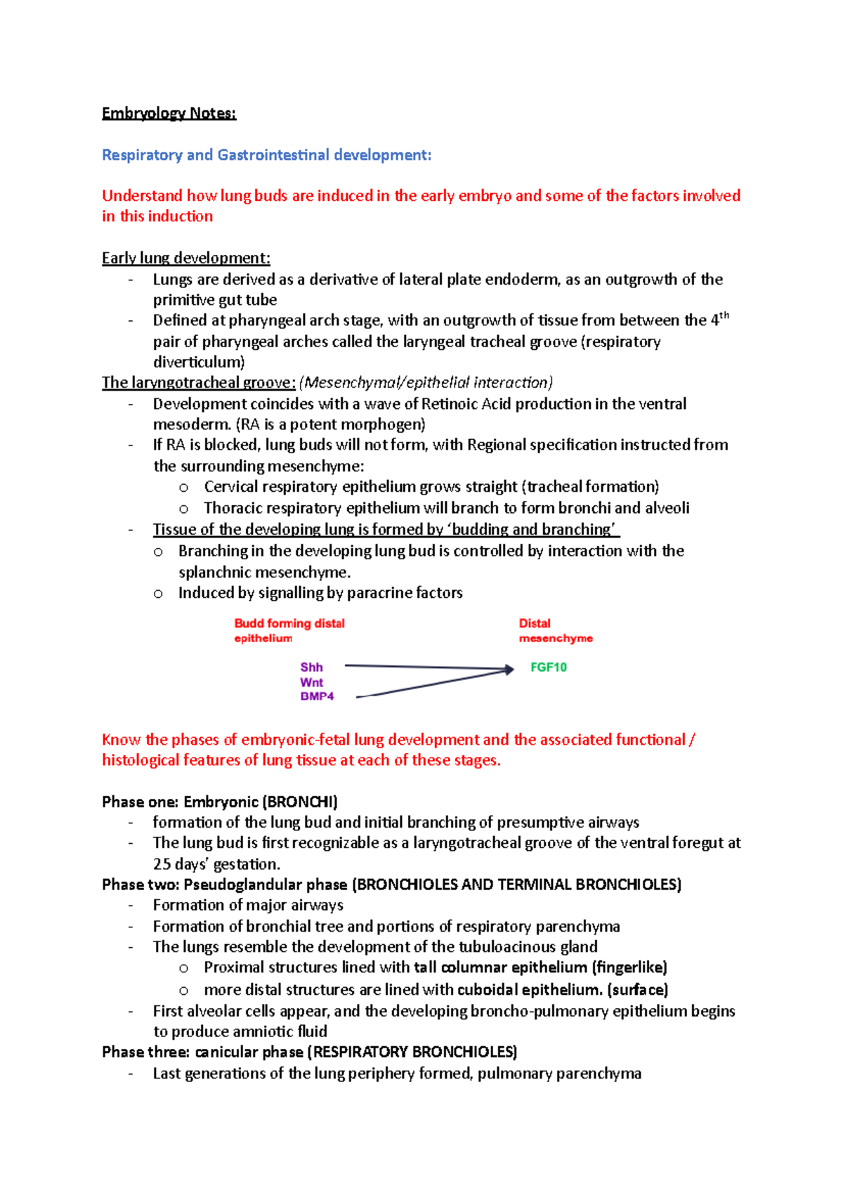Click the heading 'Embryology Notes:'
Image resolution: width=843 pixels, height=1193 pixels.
click(x=169, y=113)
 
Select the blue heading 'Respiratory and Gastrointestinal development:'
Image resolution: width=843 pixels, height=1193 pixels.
click(x=266, y=155)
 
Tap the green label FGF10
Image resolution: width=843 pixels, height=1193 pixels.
click(x=548, y=667)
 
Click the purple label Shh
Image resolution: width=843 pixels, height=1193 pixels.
click(x=311, y=667)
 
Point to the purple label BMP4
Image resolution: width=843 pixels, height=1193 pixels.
click(x=317, y=696)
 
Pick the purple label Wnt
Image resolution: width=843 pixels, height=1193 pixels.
click(x=311, y=682)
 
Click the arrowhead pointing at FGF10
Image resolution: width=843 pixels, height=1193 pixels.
click(x=509, y=670)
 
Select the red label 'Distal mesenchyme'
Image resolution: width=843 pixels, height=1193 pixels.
click(x=555, y=631)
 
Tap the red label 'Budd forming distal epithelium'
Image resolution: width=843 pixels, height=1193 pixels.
click(x=289, y=631)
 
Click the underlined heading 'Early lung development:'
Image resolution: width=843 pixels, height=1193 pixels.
click(x=185, y=258)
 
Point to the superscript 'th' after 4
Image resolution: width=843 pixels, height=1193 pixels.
click(x=724, y=316)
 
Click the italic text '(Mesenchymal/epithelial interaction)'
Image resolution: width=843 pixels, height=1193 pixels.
click(x=426, y=383)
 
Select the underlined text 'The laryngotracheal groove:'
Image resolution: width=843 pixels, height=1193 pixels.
click(x=199, y=383)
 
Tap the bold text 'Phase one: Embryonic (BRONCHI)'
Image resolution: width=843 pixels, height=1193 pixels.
click(x=219, y=802)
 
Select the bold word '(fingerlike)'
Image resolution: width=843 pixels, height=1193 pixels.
click(x=629, y=967)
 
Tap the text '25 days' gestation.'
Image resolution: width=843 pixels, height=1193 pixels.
click(x=216, y=864)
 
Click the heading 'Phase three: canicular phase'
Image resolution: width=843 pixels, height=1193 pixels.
click(x=202, y=1052)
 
